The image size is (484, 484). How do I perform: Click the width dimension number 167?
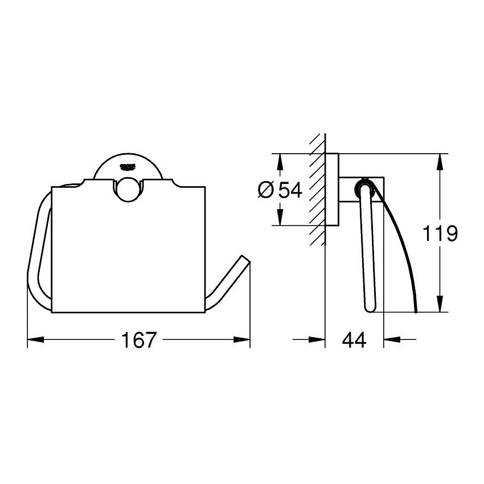coord(139,340)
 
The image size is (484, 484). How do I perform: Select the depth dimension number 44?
coord(354,340)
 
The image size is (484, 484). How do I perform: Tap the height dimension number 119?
coord(440,233)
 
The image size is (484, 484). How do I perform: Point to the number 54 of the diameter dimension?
coord(290,190)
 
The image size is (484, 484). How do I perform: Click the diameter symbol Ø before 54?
coord(266,190)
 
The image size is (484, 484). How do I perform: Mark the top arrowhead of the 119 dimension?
coord(440,161)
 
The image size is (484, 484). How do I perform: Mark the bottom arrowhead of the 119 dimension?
coord(440,305)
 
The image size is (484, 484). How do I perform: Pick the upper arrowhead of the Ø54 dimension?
coord(279,161)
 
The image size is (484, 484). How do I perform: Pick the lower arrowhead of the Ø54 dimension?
coord(279,218)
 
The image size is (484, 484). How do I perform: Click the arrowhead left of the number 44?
coord(317,340)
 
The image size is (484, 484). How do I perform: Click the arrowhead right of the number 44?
coord(392,340)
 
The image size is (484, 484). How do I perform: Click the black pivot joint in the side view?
coord(363,185)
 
